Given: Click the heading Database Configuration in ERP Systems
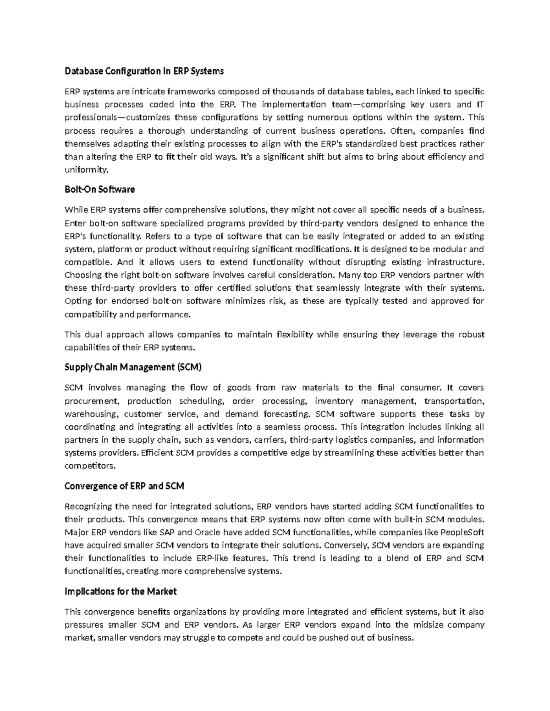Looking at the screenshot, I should click(144, 71).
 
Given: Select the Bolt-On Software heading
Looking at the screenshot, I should click(99, 189).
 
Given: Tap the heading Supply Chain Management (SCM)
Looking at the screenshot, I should click(133, 367).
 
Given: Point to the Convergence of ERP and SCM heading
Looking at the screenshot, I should click(124, 486).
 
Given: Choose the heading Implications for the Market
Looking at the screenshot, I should click(120, 591).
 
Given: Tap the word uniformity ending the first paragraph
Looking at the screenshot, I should click(86, 170).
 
